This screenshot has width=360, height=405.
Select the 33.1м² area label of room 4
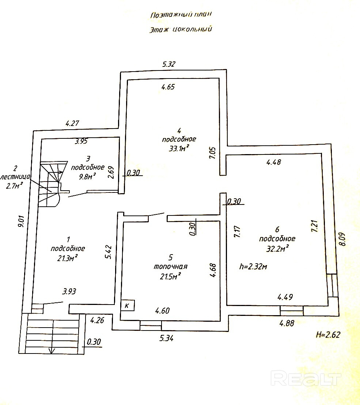[x=179, y=148]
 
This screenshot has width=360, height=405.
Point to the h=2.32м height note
[x=253, y=267]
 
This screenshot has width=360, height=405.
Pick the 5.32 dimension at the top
[x=169, y=64]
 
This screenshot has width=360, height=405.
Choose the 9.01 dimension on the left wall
[x=21, y=222]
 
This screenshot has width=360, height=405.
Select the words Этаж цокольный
[x=181, y=30]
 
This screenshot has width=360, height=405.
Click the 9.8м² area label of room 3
[x=87, y=176]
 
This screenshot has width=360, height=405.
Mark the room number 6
[x=277, y=230]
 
